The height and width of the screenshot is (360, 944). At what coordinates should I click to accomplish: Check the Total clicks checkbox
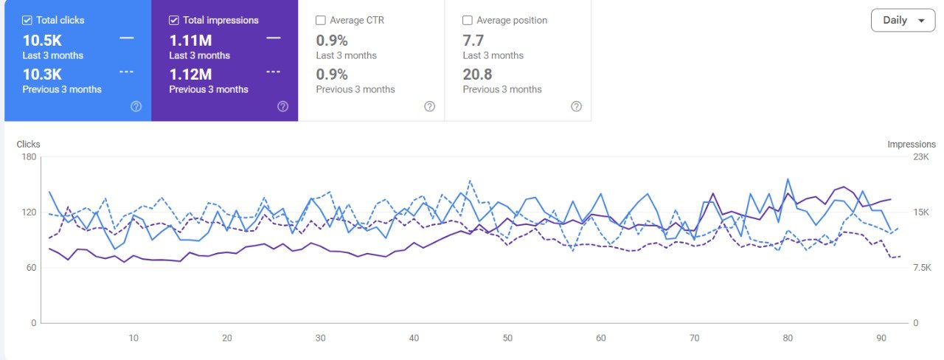click(x=27, y=20)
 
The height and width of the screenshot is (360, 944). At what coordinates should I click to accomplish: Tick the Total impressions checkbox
click(x=174, y=20)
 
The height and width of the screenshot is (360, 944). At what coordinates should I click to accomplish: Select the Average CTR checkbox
click(x=321, y=20)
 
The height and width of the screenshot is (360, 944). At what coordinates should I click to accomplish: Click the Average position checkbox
click(x=468, y=20)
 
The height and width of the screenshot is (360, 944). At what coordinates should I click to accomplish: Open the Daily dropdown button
click(x=903, y=21)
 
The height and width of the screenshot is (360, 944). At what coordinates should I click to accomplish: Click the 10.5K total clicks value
click(x=42, y=40)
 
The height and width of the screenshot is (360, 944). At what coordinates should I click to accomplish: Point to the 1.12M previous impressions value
click(x=190, y=74)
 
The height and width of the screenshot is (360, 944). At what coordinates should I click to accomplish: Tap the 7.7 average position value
click(x=473, y=40)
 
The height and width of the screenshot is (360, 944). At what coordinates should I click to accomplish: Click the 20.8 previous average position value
click(x=477, y=74)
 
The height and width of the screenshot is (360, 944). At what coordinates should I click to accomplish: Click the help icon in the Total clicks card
click(x=136, y=106)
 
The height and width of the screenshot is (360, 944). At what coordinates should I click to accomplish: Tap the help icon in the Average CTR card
click(x=430, y=106)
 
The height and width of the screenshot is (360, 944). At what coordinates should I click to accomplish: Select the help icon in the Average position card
click(x=577, y=106)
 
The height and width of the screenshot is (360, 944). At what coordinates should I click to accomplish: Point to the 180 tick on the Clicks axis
click(x=28, y=157)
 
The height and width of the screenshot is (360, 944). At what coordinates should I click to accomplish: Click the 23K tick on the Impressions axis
click(x=921, y=157)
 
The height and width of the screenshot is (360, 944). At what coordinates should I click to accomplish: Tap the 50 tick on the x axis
click(x=507, y=338)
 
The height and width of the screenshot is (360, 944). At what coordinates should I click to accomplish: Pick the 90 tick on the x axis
click(x=881, y=338)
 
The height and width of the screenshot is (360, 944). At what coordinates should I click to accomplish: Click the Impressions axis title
click(x=912, y=145)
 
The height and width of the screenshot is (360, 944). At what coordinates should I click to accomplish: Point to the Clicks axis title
click(x=28, y=145)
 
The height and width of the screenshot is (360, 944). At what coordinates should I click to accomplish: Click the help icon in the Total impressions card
click(x=282, y=106)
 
